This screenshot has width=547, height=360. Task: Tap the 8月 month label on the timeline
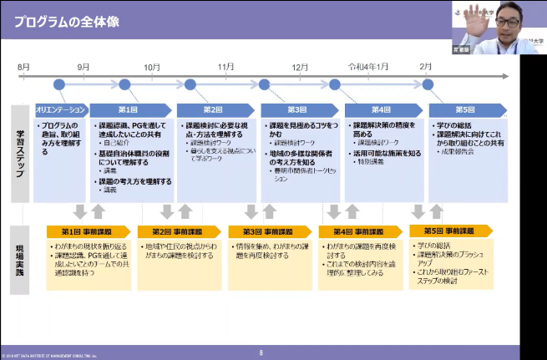pyautogui.click(x=23, y=66)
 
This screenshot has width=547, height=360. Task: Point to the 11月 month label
pyautogui.click(x=226, y=66)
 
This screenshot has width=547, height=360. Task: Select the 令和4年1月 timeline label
pyautogui.click(x=368, y=66)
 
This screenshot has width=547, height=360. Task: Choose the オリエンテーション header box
pyautogui.click(x=59, y=109)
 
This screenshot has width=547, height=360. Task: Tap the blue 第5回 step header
pyautogui.click(x=464, y=109)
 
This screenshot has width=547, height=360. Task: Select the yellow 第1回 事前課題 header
pyautogui.click(x=88, y=231)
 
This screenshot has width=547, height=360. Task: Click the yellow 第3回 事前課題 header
pyautogui.click(x=270, y=231)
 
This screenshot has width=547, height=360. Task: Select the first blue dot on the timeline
pyautogui.click(x=58, y=84)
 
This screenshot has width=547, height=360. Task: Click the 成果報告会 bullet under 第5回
pyautogui.click(x=460, y=153)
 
